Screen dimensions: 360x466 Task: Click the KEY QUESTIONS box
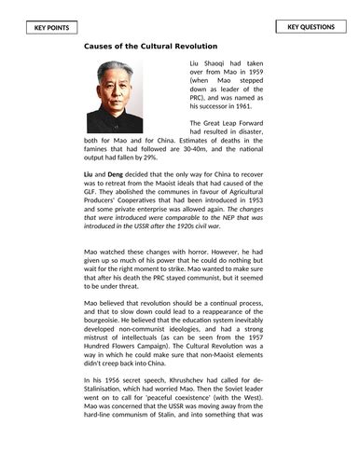[x=311, y=27]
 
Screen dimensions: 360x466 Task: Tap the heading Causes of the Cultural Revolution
[x=151, y=46]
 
